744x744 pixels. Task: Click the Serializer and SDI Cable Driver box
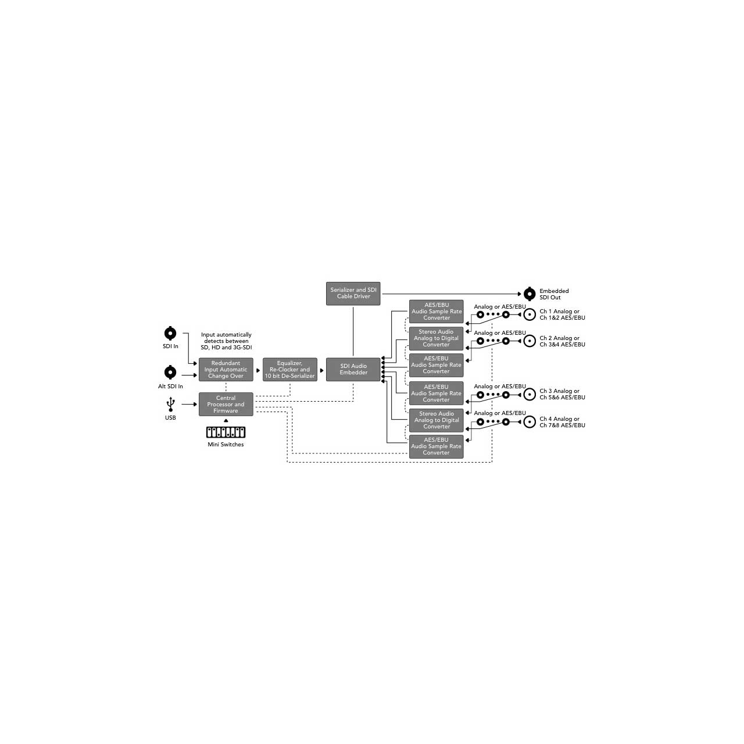click(x=353, y=294)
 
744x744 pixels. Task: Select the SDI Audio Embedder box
click(x=353, y=370)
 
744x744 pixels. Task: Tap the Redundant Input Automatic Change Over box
click(x=226, y=370)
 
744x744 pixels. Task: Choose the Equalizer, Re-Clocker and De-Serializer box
click(x=290, y=370)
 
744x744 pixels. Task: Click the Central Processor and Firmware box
click(x=226, y=404)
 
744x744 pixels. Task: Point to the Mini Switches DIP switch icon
click(x=226, y=432)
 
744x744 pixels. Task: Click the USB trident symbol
click(x=170, y=404)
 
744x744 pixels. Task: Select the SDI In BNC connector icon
click(x=170, y=333)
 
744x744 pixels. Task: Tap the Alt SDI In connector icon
click(x=170, y=372)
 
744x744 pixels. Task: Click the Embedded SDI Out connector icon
click(x=530, y=294)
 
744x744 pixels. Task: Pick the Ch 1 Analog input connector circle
click(x=530, y=314)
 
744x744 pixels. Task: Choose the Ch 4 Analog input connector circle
click(x=530, y=422)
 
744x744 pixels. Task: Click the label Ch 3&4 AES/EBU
click(x=562, y=345)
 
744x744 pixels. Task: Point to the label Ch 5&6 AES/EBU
click(x=562, y=398)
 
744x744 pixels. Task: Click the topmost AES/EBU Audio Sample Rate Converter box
click(x=437, y=312)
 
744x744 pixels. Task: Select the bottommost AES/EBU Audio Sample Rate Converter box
click(x=437, y=446)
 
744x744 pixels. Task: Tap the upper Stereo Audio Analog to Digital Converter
click(x=437, y=338)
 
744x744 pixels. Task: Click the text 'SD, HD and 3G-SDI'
click(x=226, y=348)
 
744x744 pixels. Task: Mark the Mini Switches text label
click(x=226, y=445)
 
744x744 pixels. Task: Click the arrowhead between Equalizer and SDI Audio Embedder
click(x=321, y=370)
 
